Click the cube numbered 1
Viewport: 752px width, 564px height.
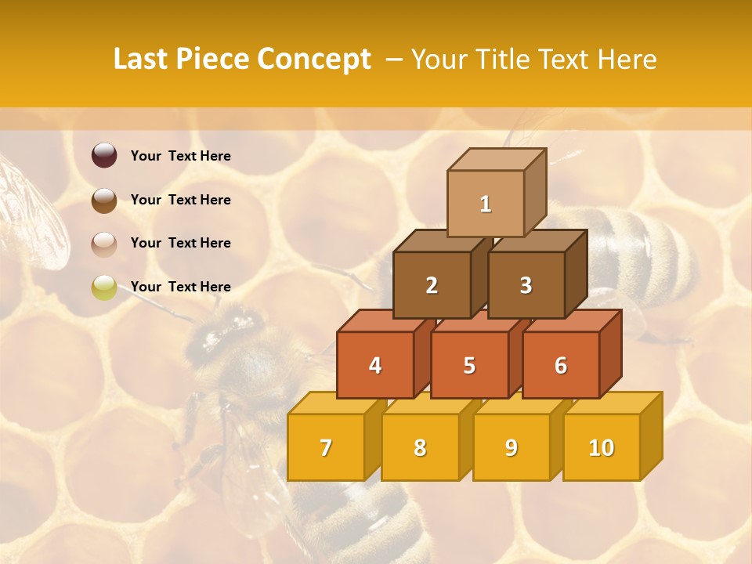coord(486,204)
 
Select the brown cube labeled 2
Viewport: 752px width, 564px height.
coord(432,285)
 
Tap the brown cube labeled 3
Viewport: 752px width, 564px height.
coord(526,285)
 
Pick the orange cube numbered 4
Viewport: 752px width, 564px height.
coord(375,365)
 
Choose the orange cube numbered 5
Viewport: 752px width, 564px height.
coord(469,365)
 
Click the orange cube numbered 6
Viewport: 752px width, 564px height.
coord(561,365)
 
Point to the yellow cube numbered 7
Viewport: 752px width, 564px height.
coord(326,447)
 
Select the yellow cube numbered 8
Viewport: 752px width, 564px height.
coord(420,447)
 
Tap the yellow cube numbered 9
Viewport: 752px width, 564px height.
coord(511,447)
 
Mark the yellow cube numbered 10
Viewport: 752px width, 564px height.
coord(601,447)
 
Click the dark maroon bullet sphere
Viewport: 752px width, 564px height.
coord(104,156)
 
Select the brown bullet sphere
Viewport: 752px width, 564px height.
coord(104,200)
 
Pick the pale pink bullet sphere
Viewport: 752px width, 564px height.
coord(104,244)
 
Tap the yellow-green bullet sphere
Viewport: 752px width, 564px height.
coord(104,287)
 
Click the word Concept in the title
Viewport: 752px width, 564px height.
coord(314,60)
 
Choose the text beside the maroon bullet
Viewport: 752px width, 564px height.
coord(181,156)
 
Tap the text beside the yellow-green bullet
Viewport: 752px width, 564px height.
coord(181,287)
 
